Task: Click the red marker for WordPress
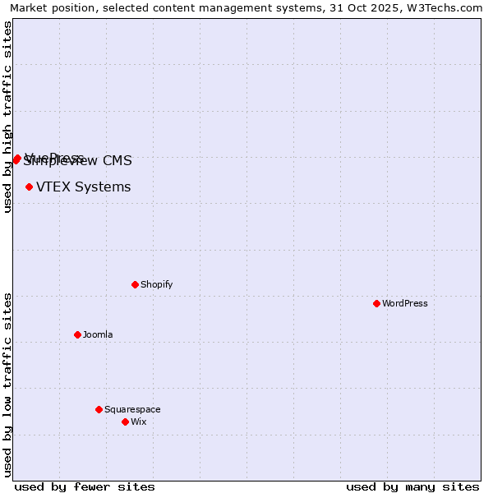[376, 303]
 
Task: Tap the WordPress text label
[405, 303]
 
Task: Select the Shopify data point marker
[135, 284]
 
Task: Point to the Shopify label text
[156, 284]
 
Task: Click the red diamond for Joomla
[77, 334]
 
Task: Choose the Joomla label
[98, 334]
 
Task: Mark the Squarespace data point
[99, 409]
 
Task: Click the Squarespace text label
[132, 409]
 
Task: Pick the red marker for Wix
[125, 422]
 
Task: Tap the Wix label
[138, 422]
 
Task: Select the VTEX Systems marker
[29, 187]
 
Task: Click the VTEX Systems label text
[83, 187]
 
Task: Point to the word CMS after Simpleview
[117, 161]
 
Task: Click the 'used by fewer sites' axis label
[85, 486]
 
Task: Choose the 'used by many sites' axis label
[412, 486]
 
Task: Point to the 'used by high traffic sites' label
[7, 117]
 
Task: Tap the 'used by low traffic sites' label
[7, 384]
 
